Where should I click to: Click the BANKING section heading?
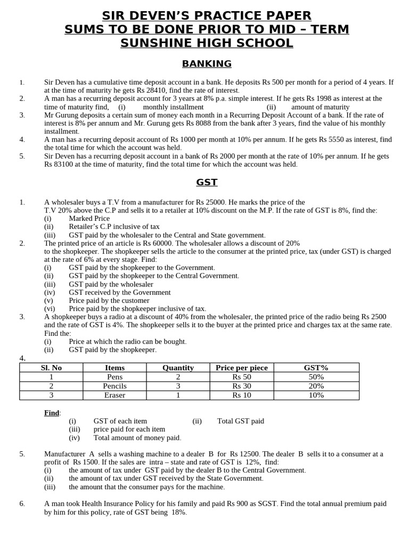click(x=207, y=64)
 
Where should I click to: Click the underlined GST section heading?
click(x=207, y=182)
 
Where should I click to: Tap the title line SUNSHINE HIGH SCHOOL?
click(x=207, y=43)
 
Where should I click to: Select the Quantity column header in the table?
click(x=178, y=368)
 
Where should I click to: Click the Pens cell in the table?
click(x=114, y=377)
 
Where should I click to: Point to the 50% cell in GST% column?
click(x=315, y=377)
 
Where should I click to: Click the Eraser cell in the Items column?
click(x=114, y=395)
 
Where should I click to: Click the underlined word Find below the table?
click(x=52, y=412)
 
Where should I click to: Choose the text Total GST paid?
click(x=240, y=421)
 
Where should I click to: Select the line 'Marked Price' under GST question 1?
click(x=89, y=218)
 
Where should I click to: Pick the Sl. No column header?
click(x=51, y=368)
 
